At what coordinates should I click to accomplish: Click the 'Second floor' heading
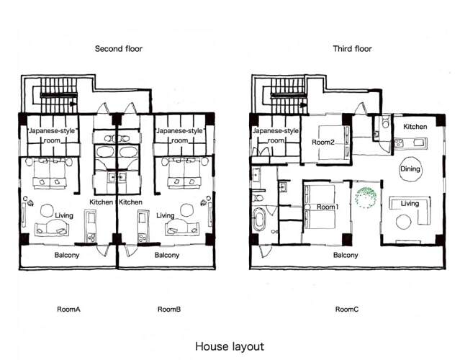tap(119, 49)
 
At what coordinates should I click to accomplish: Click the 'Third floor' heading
tap(352, 49)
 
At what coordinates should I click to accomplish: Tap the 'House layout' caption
tap(230, 346)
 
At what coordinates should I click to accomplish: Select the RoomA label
tap(68, 310)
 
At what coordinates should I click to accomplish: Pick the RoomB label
tap(169, 310)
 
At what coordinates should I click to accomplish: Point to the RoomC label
tap(347, 310)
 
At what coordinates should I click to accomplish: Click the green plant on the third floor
tap(366, 197)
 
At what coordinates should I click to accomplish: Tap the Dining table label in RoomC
tap(410, 168)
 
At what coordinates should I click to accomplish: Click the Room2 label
tap(323, 143)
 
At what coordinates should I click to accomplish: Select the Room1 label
tap(328, 207)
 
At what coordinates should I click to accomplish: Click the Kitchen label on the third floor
tap(415, 127)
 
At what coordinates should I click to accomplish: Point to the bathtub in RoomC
tap(259, 219)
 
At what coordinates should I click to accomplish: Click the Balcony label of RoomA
tap(67, 255)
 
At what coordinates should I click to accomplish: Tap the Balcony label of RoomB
tap(166, 255)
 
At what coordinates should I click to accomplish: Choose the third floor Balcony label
tap(346, 255)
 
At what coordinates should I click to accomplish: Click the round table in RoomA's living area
tap(47, 210)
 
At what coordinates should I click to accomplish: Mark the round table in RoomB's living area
tap(186, 210)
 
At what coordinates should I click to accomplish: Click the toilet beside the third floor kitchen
tap(385, 122)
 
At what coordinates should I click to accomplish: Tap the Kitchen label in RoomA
tap(101, 202)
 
